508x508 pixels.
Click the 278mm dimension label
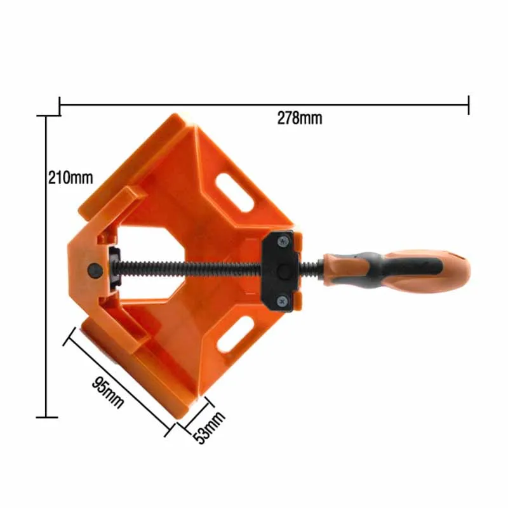click(300, 118)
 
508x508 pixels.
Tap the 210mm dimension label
click(70, 178)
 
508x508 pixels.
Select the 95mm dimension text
click(108, 392)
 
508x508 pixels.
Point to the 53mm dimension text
click(209, 427)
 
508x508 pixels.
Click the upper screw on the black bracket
click(284, 242)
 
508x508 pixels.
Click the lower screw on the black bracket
click(283, 302)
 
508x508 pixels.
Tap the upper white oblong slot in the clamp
click(234, 192)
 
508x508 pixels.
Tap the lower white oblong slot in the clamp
click(235, 335)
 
